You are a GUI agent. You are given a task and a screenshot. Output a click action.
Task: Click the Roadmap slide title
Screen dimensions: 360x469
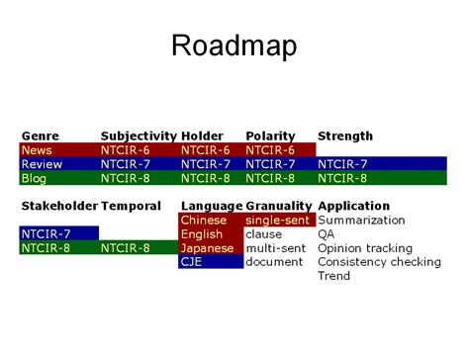coord(234,45)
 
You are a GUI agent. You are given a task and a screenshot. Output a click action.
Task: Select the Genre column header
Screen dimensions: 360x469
coord(40,135)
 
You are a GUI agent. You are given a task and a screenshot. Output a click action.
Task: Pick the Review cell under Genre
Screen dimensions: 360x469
coord(42,163)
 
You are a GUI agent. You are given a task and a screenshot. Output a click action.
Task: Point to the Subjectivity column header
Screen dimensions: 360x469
coord(138,135)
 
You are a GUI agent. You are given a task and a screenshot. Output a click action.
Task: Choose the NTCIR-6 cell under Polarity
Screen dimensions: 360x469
coord(270,149)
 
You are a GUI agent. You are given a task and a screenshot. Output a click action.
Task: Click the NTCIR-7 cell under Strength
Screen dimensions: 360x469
coord(342,163)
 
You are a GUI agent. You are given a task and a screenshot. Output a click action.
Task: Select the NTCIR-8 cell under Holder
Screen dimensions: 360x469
coord(206,178)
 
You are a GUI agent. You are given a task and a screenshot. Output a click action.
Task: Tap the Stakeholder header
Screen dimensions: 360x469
coord(58,206)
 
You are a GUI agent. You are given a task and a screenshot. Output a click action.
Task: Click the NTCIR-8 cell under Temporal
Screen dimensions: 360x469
coord(126,248)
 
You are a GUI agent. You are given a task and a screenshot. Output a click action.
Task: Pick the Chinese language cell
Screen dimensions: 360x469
coord(204,220)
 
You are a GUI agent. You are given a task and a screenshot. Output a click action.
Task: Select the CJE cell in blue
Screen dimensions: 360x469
coord(193,262)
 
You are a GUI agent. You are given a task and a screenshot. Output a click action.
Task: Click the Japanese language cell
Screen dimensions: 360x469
coord(207,248)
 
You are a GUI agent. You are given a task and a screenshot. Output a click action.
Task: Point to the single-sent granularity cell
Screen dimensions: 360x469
coord(278,220)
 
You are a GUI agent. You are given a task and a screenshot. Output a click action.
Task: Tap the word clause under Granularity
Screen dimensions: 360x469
coord(263,234)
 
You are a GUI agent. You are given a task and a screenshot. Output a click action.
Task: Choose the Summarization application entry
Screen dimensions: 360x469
coord(361,220)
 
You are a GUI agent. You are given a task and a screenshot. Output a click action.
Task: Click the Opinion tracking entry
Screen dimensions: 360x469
coord(365,248)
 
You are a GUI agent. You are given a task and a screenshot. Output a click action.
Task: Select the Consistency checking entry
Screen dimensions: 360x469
coord(379,262)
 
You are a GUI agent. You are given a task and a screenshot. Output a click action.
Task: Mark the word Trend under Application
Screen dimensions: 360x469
coord(334,276)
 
